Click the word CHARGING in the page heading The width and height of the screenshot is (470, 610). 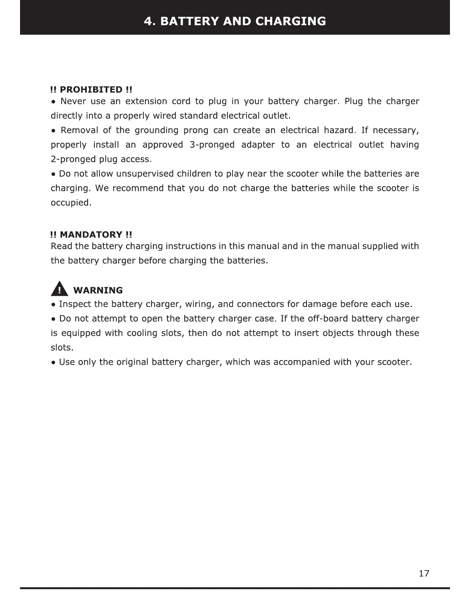[290, 21]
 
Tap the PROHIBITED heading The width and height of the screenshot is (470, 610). [91, 90]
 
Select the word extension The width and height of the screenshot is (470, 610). [146, 101]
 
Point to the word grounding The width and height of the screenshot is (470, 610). [157, 130]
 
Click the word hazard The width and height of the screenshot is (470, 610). [339, 130]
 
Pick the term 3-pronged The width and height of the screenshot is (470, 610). [212, 145]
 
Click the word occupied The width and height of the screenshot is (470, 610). [71, 203]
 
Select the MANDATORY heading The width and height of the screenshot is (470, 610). [91, 235]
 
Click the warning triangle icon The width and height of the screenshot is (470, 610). [60, 289]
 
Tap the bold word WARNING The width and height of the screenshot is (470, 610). [98, 290]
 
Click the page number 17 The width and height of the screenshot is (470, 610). [424, 574]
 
